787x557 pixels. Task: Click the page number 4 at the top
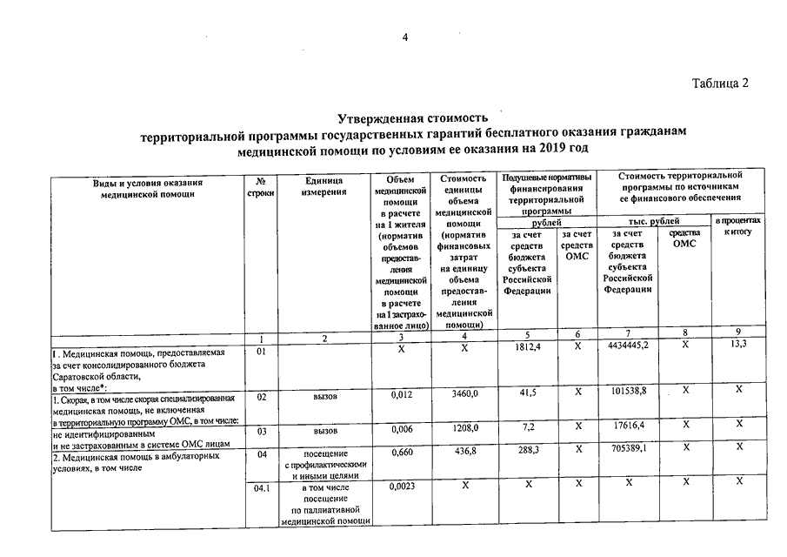tap(404, 37)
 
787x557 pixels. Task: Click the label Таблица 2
tap(719, 84)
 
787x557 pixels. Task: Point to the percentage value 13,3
tap(739, 349)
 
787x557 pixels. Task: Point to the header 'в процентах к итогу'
tap(739, 229)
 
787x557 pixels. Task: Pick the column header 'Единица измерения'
tap(324, 187)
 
